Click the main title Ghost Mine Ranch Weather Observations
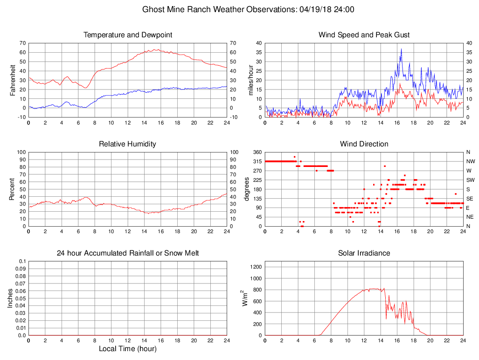click(248, 9)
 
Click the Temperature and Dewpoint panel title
click(128, 35)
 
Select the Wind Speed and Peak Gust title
click(364, 35)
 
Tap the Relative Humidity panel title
click(128, 144)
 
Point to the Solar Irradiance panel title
click(364, 253)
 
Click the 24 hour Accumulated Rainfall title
click(128, 253)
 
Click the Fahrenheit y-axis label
click(13, 80)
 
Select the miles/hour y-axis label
click(250, 80)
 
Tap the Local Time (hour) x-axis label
click(128, 349)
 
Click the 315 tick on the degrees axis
click(257, 161)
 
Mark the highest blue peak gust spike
click(401, 49)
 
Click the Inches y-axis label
click(10, 298)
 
